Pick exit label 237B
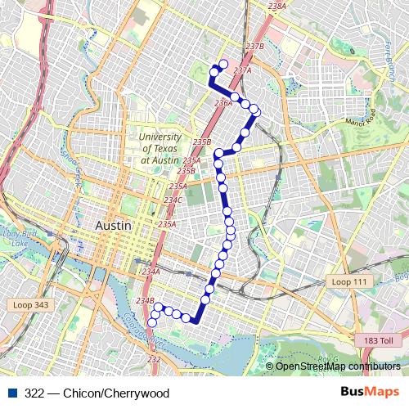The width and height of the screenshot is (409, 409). coord(255,47)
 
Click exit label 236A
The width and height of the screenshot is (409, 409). coord(222,104)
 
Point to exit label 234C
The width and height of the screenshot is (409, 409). coord(173,200)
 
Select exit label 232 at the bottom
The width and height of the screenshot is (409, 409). coord(155,359)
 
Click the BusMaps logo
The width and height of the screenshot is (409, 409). coord(369,393)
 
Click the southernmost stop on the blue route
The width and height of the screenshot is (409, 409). coord(151,323)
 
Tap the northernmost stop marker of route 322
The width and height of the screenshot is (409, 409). coord(223,63)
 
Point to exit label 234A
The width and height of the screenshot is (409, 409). coord(151,272)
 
